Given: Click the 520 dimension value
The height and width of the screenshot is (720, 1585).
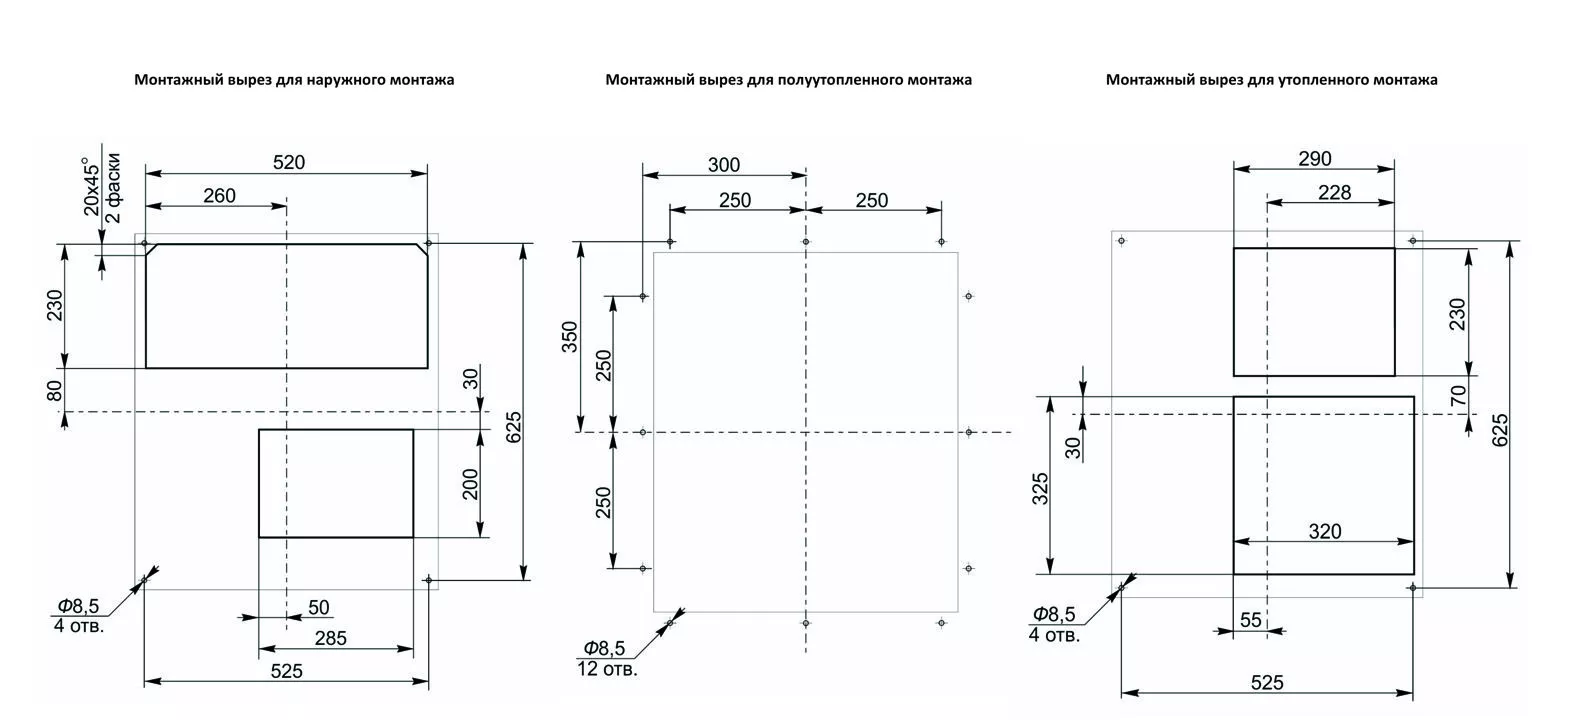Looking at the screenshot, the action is pyautogui.click(x=289, y=163).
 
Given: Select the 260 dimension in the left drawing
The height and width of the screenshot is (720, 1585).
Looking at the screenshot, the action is pyautogui.click(x=219, y=196).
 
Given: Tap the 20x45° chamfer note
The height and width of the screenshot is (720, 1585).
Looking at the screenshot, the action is pyautogui.click(x=92, y=186).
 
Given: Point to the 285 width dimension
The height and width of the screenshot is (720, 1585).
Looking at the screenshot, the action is pyautogui.click(x=330, y=638).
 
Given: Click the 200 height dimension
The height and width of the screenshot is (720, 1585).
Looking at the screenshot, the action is pyautogui.click(x=471, y=484).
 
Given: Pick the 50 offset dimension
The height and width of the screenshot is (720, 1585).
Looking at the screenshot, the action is pyautogui.click(x=318, y=608).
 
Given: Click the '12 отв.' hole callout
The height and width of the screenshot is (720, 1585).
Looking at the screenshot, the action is pyautogui.click(x=607, y=668).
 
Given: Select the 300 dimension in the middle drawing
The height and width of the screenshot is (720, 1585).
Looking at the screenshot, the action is pyautogui.click(x=724, y=165).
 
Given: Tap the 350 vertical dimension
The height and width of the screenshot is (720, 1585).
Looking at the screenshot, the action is pyautogui.click(x=570, y=337).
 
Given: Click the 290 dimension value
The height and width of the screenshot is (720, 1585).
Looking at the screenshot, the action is pyautogui.click(x=1315, y=159).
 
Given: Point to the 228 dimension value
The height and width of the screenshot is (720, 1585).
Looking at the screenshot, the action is pyautogui.click(x=1335, y=192).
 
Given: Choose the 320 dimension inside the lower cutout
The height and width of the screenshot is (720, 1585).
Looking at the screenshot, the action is pyautogui.click(x=1325, y=531).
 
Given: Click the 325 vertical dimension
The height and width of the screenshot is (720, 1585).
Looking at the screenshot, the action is pyautogui.click(x=1039, y=488).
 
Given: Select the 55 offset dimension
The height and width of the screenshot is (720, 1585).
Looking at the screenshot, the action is pyautogui.click(x=1251, y=620).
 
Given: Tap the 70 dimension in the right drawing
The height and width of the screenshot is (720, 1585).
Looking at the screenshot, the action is pyautogui.click(x=1458, y=395).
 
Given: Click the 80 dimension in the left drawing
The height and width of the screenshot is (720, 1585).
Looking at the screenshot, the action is pyautogui.click(x=55, y=390).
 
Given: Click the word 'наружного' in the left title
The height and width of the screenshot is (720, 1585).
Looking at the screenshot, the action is pyautogui.click(x=339, y=80).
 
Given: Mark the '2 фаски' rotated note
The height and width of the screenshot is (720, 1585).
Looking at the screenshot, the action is pyautogui.click(x=113, y=188).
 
